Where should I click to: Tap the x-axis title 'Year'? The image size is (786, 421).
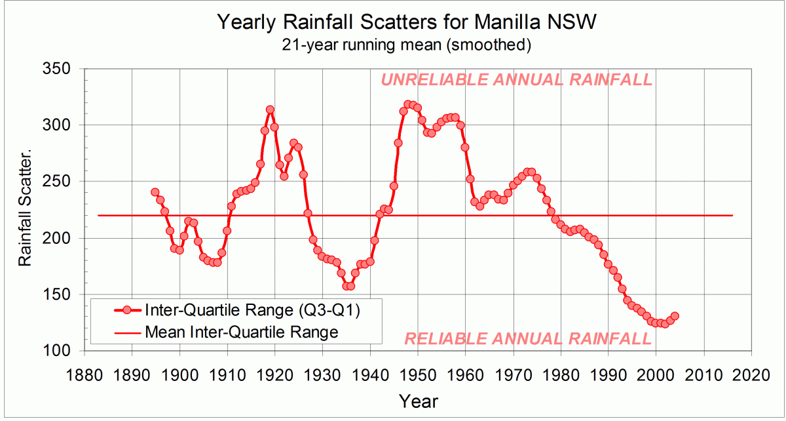tap(418, 401)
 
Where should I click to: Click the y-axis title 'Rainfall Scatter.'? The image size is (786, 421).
tap(25, 210)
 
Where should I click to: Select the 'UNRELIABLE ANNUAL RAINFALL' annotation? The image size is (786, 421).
tap(516, 80)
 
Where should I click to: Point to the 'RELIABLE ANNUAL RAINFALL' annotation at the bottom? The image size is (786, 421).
tap(528, 339)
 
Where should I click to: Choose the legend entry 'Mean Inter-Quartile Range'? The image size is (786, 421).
tap(242, 332)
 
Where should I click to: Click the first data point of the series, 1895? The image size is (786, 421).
tap(155, 192)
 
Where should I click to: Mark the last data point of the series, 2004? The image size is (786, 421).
tap(675, 316)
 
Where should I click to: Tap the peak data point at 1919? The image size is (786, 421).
tap(270, 110)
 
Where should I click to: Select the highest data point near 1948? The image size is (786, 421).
tap(407, 104)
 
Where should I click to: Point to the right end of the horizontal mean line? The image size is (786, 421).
tap(732, 216)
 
